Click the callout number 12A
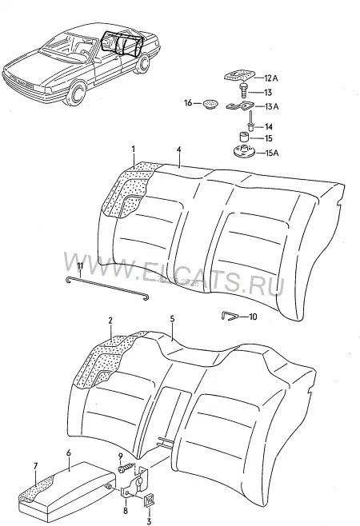[x=271, y=78]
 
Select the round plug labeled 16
[x=210, y=104]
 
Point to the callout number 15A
[x=272, y=153]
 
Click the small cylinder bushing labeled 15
[x=243, y=137]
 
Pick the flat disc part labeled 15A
[x=243, y=151]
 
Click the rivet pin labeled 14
[x=251, y=122]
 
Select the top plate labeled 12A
[x=238, y=75]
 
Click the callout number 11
[x=80, y=266]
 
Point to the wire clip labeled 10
[x=230, y=316]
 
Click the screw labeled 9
[x=126, y=468]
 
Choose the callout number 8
[x=126, y=512]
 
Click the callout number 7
[x=36, y=466]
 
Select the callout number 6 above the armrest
[x=69, y=453]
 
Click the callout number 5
[x=172, y=319]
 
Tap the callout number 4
[x=179, y=149]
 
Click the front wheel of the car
[x=78, y=91]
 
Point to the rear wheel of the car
[x=143, y=62]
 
